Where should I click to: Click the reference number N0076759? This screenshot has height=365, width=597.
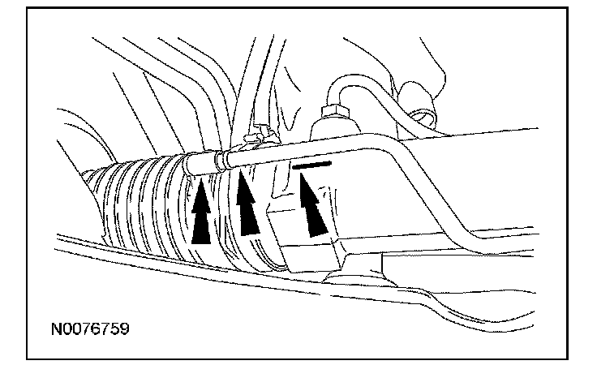point(89,330)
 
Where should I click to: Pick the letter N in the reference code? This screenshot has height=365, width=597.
point(54,330)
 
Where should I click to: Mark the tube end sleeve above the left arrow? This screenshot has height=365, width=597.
point(199,162)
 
